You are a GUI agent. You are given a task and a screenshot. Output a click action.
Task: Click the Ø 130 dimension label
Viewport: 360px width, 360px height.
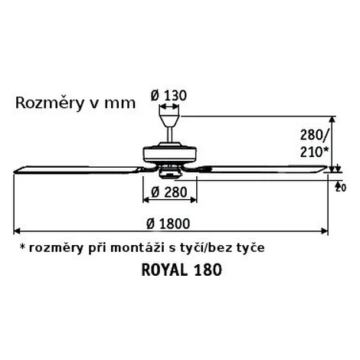point(169,96)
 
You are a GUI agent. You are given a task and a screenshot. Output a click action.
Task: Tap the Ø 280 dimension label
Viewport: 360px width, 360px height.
point(169,192)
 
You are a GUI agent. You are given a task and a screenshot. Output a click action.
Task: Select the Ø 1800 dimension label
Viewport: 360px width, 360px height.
point(169,224)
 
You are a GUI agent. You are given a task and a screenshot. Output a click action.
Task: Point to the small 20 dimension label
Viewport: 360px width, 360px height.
point(341,188)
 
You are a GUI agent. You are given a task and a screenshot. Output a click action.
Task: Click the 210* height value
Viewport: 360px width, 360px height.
point(314,152)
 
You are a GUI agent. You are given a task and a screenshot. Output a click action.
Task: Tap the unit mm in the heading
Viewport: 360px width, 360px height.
point(119,104)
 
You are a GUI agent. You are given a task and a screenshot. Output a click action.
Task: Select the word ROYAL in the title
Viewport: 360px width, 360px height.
point(165,270)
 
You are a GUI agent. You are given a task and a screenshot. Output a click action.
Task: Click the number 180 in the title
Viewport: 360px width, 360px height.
point(208,270)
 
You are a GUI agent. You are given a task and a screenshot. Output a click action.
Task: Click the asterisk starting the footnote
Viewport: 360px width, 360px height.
point(23,247)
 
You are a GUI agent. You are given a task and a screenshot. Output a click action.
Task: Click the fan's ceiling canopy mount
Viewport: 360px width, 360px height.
point(169,121)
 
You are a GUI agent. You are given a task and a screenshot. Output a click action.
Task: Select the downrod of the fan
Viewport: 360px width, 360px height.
point(169,135)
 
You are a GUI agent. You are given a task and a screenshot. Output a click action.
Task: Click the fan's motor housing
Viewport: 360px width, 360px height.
point(169,155)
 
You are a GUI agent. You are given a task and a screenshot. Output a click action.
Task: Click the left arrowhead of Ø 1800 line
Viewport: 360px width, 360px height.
point(16,231)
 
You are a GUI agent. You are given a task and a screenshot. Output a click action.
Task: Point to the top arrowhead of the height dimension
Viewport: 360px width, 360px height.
point(332,119)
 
